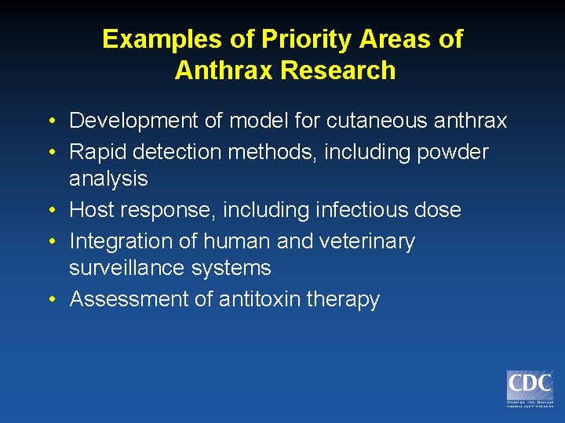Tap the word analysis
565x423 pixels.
click(108, 179)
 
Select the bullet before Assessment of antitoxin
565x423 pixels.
click(49, 300)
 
